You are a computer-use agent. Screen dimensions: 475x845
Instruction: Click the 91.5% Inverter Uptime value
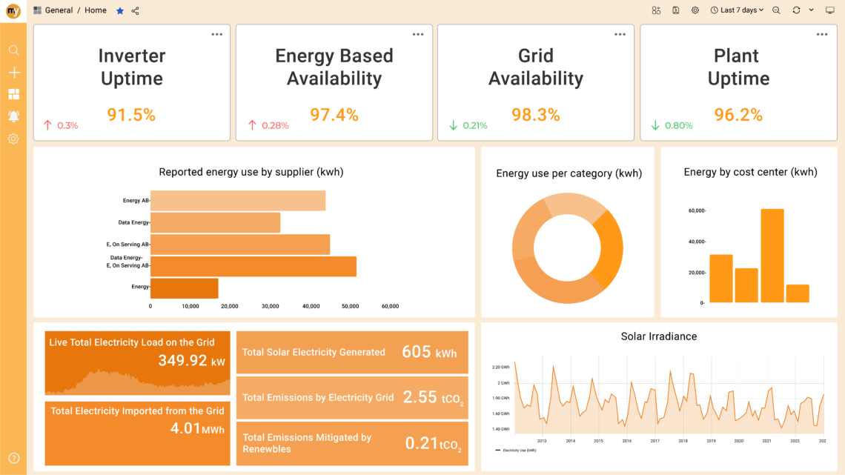pos(131,115)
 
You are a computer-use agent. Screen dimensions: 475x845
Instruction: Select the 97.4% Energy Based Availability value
pos(334,115)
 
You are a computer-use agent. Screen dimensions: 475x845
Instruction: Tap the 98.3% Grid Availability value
pos(536,115)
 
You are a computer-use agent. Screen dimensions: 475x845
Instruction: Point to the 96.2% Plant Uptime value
pos(738,115)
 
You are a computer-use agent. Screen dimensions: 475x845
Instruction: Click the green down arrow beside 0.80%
pos(655,126)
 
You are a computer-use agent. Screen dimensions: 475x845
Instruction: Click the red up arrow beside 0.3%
pos(48,126)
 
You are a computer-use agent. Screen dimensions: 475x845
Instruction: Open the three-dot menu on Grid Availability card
pos(620,35)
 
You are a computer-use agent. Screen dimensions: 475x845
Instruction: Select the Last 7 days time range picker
pos(737,10)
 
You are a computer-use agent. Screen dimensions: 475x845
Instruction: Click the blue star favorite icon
pos(120,10)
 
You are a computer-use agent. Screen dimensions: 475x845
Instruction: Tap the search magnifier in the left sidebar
pos(13,50)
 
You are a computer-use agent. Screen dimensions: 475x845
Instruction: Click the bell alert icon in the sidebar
pos(13,116)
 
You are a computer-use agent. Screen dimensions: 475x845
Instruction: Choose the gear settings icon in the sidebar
pos(13,139)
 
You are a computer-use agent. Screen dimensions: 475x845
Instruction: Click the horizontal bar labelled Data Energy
pos(216,222)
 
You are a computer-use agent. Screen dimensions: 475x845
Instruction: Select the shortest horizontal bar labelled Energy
pos(185,288)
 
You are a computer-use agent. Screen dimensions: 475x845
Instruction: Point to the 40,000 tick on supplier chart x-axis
pos(311,306)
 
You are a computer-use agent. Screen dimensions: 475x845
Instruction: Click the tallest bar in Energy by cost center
pos(772,256)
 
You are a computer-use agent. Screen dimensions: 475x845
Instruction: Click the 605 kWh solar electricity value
pos(429,352)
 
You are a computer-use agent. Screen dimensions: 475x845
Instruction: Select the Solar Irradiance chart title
pos(658,336)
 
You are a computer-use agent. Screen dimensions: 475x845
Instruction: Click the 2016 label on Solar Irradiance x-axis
pos(627,441)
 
